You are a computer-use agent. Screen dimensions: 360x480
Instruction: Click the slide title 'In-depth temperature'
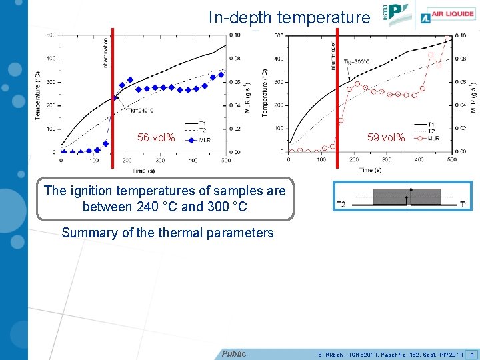289,17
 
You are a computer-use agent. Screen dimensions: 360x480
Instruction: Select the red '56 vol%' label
156,138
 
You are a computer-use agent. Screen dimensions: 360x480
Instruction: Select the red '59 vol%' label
386,138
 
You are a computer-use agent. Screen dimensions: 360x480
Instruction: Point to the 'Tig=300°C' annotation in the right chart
357,62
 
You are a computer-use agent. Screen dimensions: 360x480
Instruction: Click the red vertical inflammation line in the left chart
113,87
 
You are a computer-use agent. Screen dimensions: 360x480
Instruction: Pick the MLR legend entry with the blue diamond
198,140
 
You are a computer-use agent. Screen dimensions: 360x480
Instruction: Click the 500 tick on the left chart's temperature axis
51,35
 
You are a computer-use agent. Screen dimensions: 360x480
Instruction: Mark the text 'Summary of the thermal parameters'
167,233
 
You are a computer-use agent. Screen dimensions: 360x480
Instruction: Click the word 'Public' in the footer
234,354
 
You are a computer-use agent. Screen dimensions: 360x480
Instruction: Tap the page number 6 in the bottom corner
472,354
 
